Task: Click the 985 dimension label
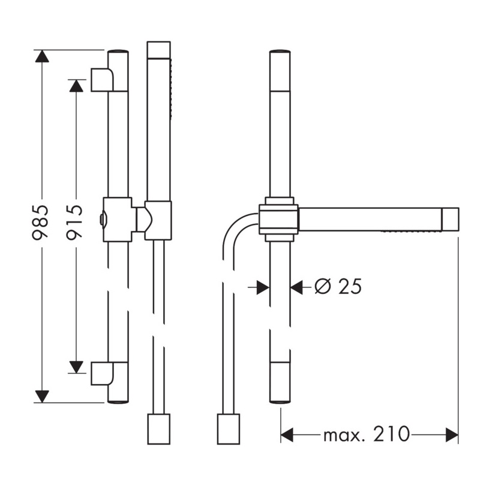pos(40,222)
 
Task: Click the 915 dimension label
pos(74,222)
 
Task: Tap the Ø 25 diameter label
pos(338,287)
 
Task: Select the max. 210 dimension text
pos(366,434)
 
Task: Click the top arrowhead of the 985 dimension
pos(42,56)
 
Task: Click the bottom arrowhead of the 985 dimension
pos(42,397)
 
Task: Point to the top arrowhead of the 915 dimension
pos(76,86)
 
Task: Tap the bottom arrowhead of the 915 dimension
pos(76,367)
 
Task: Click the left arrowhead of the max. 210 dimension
pos(287,434)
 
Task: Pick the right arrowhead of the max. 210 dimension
pos(452,434)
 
